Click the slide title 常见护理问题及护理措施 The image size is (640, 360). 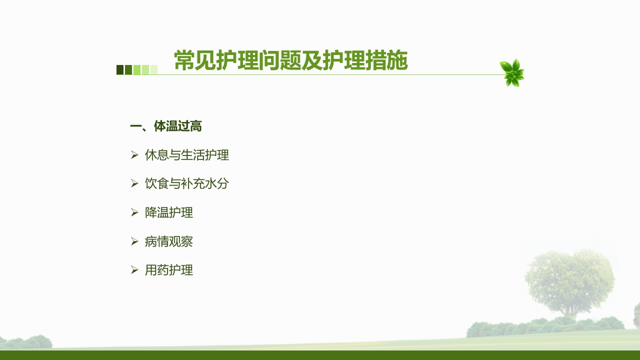point(291,60)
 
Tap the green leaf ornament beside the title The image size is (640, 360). point(512,73)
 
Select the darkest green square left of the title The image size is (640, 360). point(120,69)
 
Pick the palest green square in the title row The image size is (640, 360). point(154,69)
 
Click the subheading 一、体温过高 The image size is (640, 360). point(165,126)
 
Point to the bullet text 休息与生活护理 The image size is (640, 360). point(187,155)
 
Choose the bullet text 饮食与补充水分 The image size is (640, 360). point(187,183)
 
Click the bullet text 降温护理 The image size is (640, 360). point(169,212)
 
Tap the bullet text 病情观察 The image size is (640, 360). point(169,241)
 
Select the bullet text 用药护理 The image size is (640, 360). point(169,270)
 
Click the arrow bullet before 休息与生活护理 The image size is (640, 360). point(134,155)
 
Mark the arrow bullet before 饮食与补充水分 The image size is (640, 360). point(134,183)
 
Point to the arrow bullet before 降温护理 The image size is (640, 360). point(134,212)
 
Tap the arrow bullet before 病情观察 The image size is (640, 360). point(134,241)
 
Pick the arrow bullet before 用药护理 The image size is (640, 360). point(134,270)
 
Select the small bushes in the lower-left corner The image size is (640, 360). point(26,342)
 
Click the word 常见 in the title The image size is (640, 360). point(195,60)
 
